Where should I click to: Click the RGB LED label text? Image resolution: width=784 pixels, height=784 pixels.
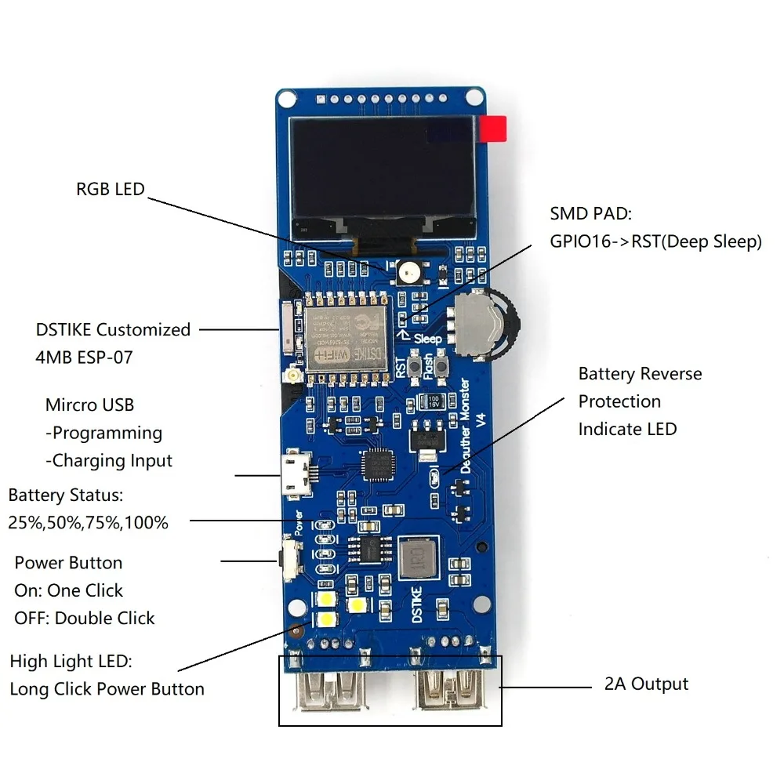click(110, 189)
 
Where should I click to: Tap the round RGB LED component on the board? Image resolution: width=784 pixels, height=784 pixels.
click(408, 272)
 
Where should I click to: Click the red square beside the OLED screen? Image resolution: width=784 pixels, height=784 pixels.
click(494, 129)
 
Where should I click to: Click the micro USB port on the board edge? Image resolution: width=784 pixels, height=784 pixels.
click(296, 474)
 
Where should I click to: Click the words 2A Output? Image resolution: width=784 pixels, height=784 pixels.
click(646, 684)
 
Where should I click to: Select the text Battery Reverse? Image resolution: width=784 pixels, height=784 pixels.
click(640, 374)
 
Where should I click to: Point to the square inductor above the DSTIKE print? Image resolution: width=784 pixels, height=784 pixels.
click(419, 557)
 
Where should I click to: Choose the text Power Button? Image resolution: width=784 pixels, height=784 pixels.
click(68, 563)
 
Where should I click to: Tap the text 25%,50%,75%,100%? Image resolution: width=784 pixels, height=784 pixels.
click(88, 522)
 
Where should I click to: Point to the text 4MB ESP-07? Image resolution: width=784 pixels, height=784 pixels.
click(85, 358)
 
